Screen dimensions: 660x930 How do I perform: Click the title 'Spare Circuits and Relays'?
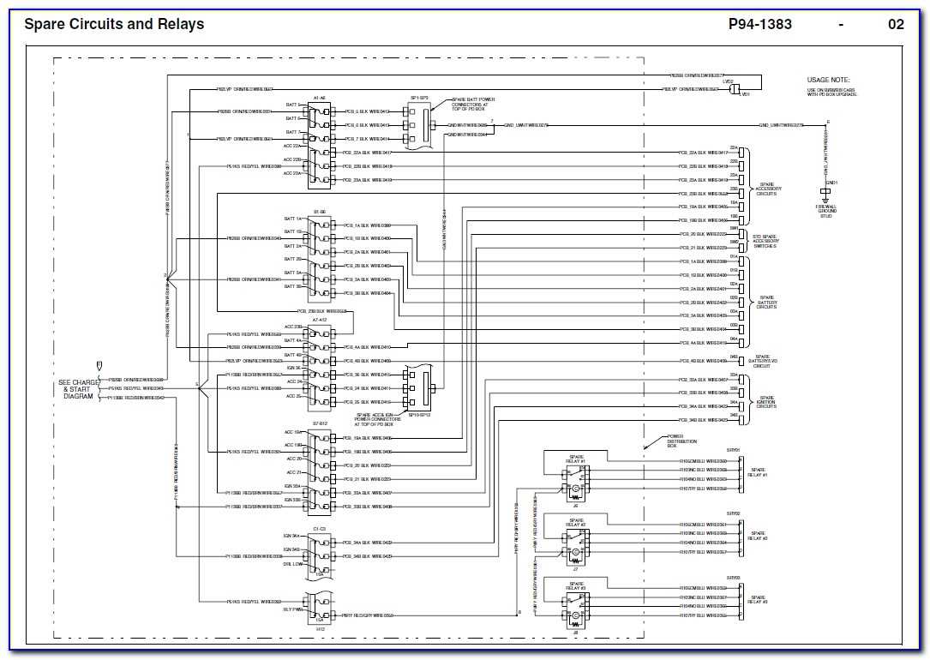114,24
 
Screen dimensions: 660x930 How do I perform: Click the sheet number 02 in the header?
896,24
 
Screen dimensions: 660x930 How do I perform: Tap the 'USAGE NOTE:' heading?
828,80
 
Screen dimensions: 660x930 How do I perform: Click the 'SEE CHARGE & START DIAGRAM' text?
78,388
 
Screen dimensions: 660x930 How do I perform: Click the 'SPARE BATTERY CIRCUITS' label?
766,303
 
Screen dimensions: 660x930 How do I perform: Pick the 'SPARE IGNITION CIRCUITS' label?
766,401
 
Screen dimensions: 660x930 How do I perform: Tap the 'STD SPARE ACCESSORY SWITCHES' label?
765,241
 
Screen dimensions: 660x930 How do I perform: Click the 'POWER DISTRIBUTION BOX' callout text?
682,441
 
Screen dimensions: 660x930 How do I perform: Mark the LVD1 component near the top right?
734,87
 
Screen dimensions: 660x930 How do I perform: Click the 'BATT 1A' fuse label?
292,219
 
